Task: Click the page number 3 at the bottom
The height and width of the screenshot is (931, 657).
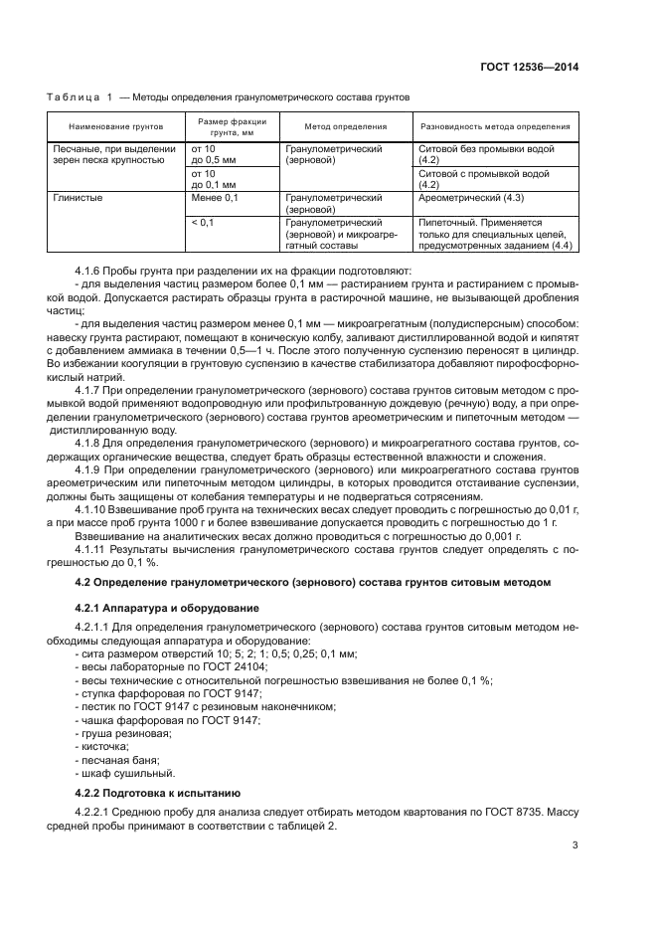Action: (x=575, y=845)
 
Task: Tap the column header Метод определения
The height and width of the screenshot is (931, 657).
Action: (x=345, y=127)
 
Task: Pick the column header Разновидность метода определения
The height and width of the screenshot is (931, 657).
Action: (x=495, y=127)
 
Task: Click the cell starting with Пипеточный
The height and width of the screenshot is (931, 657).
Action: (x=494, y=234)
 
